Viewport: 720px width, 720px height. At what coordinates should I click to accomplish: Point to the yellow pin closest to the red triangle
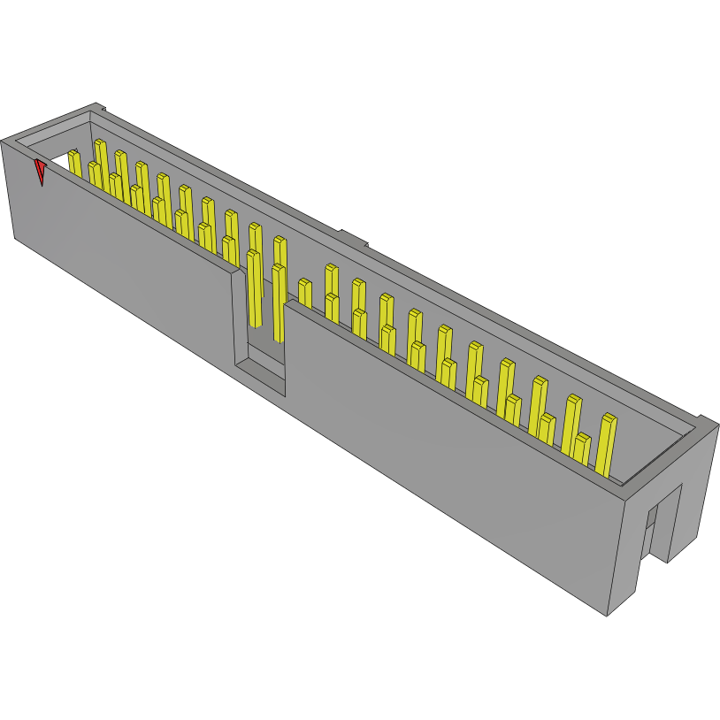pyautogui.click(x=74, y=165)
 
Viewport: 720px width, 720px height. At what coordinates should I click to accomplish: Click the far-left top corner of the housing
pyautogui.click(x=4, y=141)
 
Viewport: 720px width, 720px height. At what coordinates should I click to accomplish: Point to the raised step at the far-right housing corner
pyautogui.click(x=706, y=421)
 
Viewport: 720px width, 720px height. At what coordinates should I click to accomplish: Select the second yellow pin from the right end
pyautogui.click(x=581, y=448)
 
